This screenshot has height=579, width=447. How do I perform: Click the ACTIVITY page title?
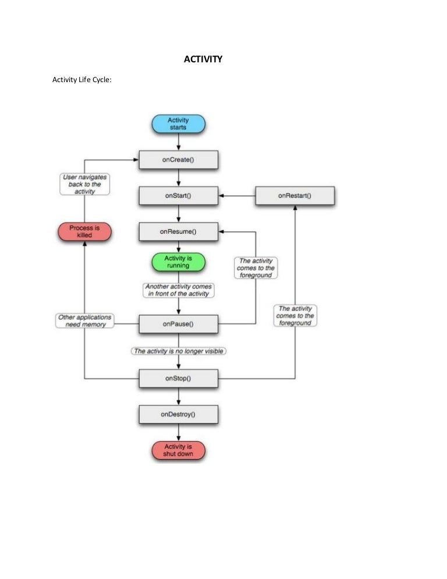[203, 59]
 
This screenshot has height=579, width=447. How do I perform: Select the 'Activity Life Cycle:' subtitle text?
[81, 80]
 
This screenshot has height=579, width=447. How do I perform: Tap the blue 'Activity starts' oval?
[178, 123]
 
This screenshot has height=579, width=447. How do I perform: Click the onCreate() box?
[178, 160]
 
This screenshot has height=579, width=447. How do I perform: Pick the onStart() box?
[178, 196]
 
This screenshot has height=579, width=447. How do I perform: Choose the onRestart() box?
[295, 196]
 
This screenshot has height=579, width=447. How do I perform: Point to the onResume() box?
[178, 231]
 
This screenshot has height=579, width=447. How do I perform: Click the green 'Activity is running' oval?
[178, 262]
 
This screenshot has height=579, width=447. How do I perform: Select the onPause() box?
[178, 324]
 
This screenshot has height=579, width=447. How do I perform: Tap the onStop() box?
[178, 379]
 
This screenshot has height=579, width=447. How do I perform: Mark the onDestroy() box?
[178, 415]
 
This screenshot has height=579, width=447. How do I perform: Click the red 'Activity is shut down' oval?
[178, 450]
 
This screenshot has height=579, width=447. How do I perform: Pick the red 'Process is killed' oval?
[84, 231]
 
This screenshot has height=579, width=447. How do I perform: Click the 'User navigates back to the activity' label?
[85, 183]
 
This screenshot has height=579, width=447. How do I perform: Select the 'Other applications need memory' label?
[85, 320]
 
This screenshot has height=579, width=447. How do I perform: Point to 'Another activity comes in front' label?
[178, 290]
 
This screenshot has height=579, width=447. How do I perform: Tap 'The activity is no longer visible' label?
[178, 351]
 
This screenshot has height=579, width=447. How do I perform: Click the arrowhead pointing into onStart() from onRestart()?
[221, 196]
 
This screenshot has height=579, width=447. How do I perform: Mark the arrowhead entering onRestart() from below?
[295, 208]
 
